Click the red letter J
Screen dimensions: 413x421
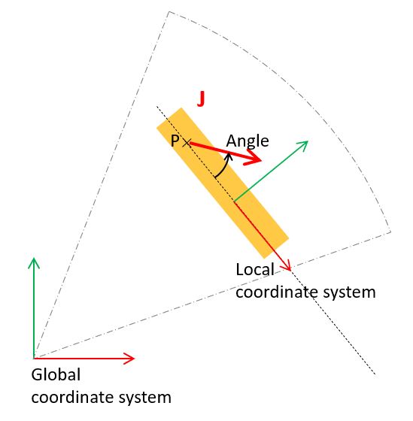[x=201, y=98]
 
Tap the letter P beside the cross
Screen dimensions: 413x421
[x=175, y=141]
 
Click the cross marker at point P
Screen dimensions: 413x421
[x=187, y=143]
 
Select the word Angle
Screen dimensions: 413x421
[x=247, y=141]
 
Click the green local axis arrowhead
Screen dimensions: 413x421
[x=304, y=144]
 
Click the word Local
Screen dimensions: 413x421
[x=255, y=270]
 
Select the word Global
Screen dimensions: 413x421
[x=56, y=374]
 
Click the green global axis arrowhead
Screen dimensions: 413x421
[x=34, y=262]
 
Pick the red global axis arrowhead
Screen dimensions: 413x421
[x=129, y=358]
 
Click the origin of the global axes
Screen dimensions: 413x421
[x=34, y=358]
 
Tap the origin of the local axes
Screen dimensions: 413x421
[x=234, y=201]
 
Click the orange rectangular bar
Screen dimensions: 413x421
[x=223, y=183]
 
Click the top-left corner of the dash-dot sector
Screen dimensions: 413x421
[x=169, y=11]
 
